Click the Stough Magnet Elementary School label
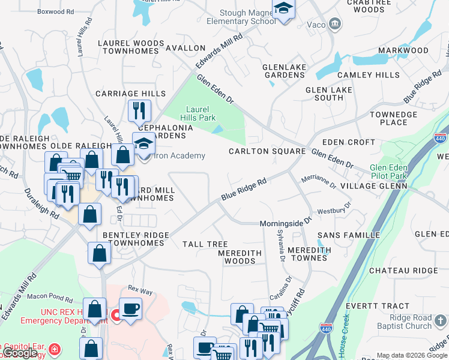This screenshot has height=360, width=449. point(237,17)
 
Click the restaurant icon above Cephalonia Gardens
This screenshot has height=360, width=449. point(138,110)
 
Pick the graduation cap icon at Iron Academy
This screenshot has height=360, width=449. point(143,145)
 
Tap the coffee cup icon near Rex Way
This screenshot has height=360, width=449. point(130,309)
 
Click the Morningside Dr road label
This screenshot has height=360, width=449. point(286,223)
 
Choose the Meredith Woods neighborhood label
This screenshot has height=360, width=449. point(240,257)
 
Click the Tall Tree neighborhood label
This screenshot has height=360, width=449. point(205,244)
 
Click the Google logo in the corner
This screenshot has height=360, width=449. point(20,353)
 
